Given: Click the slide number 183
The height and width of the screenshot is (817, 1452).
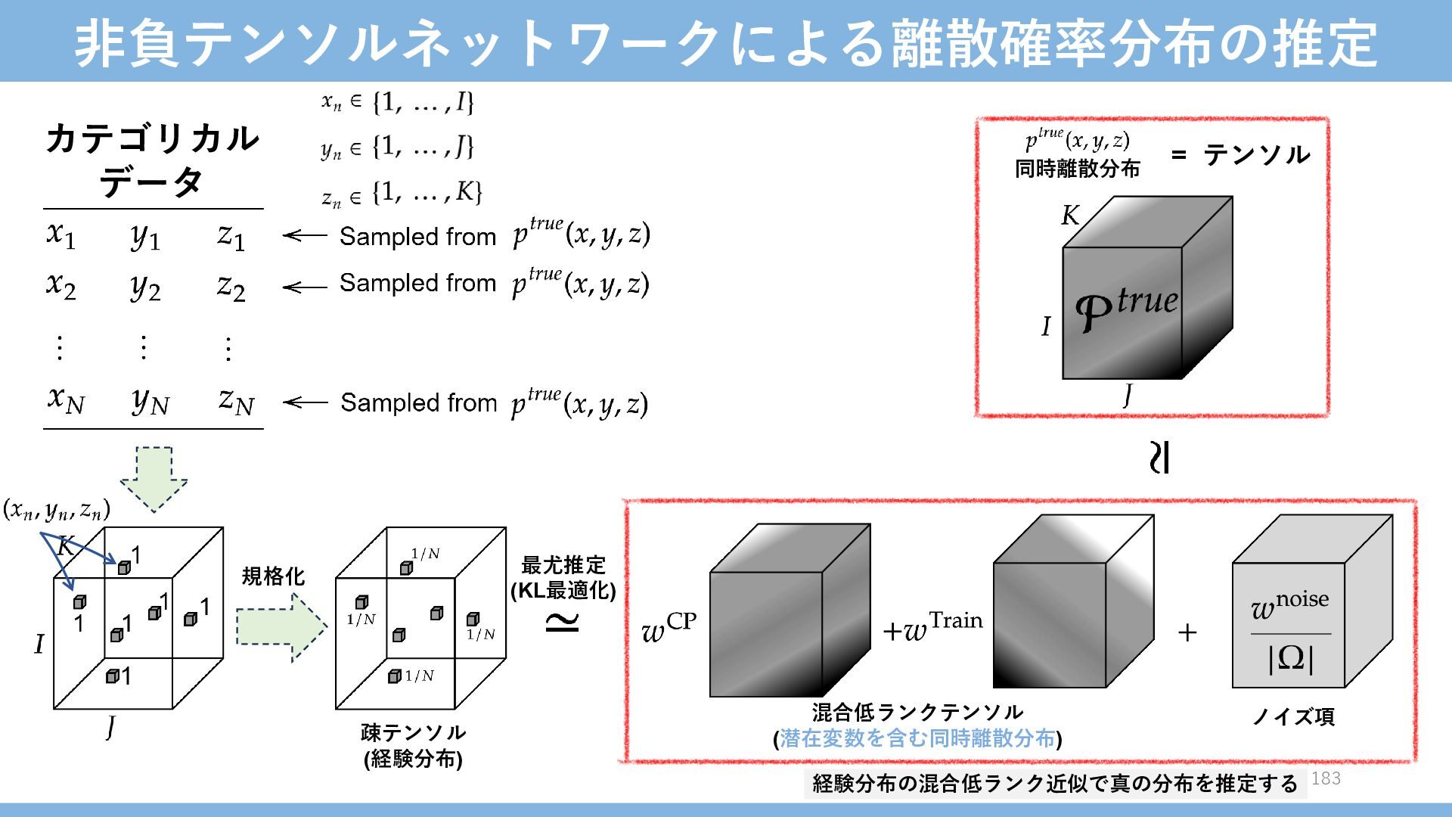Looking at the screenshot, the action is [x=1326, y=778].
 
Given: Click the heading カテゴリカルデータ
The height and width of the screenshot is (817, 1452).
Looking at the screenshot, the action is [x=152, y=160].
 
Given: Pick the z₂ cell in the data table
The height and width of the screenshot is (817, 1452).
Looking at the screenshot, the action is [x=231, y=287].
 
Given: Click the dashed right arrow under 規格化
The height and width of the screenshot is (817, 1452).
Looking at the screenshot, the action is [x=281, y=627].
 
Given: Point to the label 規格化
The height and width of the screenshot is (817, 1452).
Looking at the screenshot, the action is [x=273, y=576].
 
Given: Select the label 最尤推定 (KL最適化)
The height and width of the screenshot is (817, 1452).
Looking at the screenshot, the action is [x=563, y=577].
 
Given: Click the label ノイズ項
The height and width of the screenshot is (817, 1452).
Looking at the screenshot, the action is [x=1294, y=716].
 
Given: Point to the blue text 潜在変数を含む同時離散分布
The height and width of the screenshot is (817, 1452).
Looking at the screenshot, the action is [x=917, y=738].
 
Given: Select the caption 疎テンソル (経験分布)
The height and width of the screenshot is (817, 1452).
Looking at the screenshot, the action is [x=413, y=745].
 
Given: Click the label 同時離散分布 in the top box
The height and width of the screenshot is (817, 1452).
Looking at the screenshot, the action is [x=1077, y=169].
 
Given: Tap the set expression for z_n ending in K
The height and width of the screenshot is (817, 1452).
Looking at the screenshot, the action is [x=402, y=194].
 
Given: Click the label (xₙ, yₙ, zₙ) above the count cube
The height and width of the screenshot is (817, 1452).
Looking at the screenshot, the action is [x=57, y=511].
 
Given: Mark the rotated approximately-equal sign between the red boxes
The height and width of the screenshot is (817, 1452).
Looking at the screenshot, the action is [x=1159, y=458].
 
